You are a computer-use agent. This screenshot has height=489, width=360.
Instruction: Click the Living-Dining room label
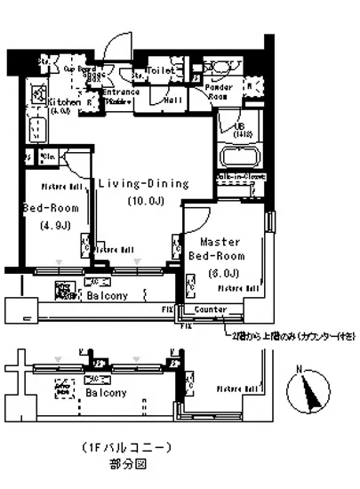(x=143, y=184)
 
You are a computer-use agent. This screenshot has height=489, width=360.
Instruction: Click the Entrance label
(x=119, y=93)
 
